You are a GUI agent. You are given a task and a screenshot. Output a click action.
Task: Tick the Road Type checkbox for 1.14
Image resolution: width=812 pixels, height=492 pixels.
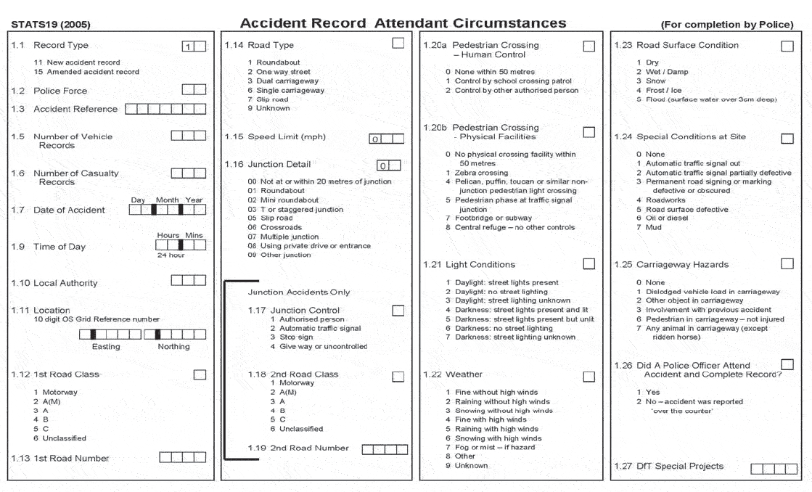click(x=398, y=44)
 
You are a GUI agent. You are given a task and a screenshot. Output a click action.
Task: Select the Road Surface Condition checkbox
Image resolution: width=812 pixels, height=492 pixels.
click(x=787, y=46)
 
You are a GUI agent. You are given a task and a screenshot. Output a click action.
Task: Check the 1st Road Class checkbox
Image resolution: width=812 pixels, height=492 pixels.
click(x=200, y=374)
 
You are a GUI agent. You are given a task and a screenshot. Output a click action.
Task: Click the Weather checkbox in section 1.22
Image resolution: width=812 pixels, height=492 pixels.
click(x=589, y=375)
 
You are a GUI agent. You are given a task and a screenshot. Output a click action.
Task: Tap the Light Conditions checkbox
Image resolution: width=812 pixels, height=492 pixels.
click(x=589, y=265)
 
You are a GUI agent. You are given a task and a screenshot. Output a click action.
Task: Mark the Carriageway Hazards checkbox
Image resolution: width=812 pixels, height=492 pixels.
click(x=787, y=264)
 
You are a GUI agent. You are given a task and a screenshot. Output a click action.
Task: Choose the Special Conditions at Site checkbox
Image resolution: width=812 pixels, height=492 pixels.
click(x=787, y=137)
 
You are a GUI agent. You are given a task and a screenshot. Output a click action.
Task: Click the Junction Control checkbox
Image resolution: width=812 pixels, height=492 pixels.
click(x=398, y=311)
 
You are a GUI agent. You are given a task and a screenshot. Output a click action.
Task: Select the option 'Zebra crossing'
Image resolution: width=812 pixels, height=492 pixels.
click(x=481, y=173)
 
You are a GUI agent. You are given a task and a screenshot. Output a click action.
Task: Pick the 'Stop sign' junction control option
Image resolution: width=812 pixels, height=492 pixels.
click(x=296, y=337)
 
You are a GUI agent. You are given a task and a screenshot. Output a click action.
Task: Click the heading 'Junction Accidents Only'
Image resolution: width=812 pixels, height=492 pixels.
click(x=299, y=292)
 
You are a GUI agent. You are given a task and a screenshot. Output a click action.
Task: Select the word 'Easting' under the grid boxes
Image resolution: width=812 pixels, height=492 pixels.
click(x=106, y=347)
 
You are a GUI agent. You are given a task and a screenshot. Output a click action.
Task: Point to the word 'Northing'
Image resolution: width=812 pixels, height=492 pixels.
click(x=173, y=347)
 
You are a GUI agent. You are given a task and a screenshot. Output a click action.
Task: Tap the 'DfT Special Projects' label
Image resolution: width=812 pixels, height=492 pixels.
click(x=680, y=466)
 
